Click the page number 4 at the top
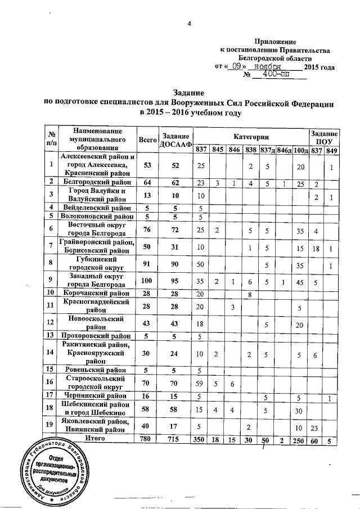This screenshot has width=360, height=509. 189,24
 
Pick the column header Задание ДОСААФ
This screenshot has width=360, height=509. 175,140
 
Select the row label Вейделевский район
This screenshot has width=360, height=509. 96,208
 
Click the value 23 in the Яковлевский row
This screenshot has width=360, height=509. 316,428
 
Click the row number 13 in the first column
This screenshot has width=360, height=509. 51,336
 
